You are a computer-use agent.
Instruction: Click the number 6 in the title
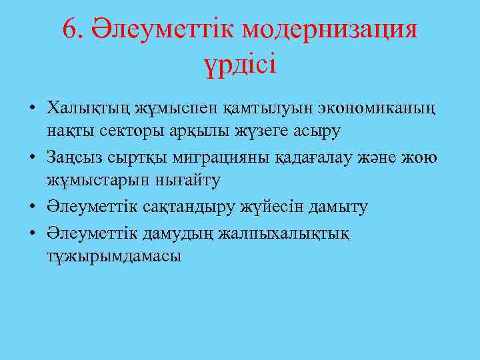tap(70, 29)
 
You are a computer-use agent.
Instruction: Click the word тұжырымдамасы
tap(114, 257)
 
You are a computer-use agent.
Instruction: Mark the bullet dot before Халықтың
tap(31, 108)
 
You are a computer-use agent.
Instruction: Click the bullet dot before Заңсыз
tap(31, 158)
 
